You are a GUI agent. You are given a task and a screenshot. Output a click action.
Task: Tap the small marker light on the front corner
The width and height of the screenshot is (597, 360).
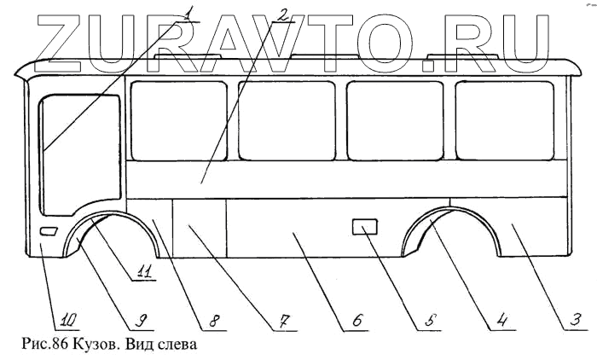pos(49,232)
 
